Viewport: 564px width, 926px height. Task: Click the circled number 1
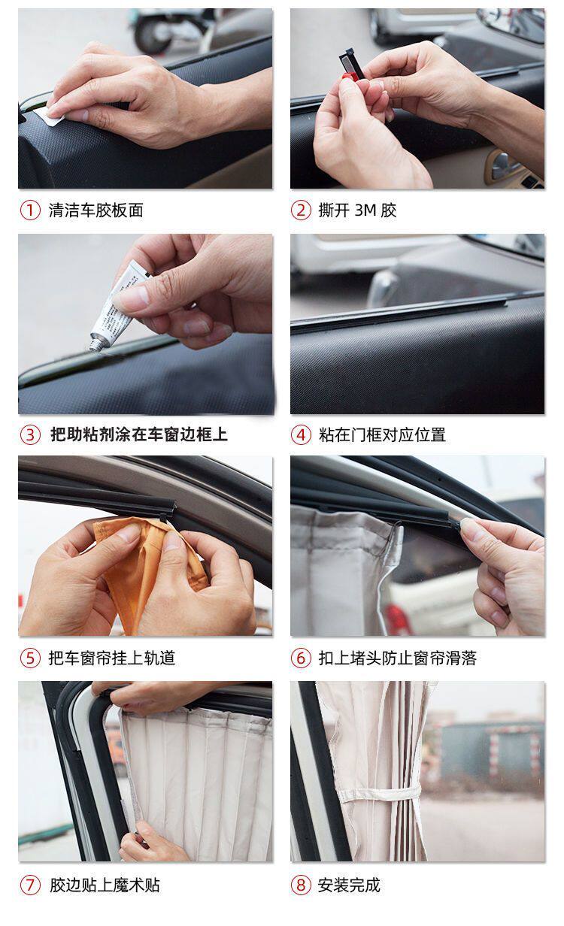pyautogui.click(x=30, y=210)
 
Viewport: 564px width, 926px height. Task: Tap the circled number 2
pyautogui.click(x=301, y=210)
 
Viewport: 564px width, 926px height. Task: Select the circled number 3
pyautogui.click(x=30, y=435)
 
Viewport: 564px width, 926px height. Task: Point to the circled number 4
pyautogui.click(x=301, y=435)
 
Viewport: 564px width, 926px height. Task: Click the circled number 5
pyautogui.click(x=30, y=658)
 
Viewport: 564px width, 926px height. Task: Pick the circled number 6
pyautogui.click(x=301, y=658)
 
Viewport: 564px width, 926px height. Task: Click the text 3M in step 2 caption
pyautogui.click(x=365, y=210)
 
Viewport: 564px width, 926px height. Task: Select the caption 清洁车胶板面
pyautogui.click(x=96, y=210)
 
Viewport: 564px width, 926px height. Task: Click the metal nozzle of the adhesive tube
pyautogui.click(x=96, y=344)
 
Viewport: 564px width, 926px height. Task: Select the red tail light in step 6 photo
pyautogui.click(x=397, y=619)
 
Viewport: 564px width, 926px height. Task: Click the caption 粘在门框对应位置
pyautogui.click(x=382, y=435)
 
